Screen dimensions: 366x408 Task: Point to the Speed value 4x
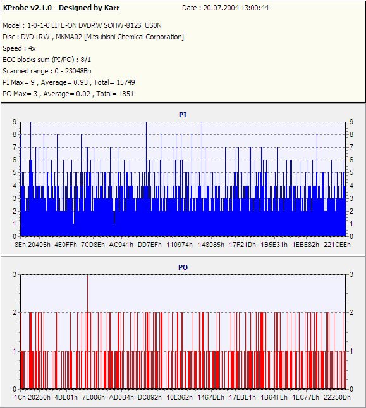click(x=32, y=48)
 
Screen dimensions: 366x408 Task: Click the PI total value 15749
click(x=126, y=82)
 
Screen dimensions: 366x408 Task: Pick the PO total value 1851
click(x=126, y=94)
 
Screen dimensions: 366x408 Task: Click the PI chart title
click(x=183, y=115)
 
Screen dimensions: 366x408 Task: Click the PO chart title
click(x=183, y=267)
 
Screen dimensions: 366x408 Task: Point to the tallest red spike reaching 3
click(x=87, y=293)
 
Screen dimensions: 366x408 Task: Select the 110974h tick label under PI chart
click(x=180, y=245)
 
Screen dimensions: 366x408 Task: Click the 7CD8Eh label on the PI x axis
click(x=93, y=245)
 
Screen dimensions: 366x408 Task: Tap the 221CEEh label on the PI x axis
click(x=337, y=245)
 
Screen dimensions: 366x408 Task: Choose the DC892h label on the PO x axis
click(x=150, y=398)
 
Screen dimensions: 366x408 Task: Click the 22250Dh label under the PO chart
click(x=337, y=398)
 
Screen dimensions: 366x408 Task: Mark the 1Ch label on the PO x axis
click(x=20, y=398)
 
